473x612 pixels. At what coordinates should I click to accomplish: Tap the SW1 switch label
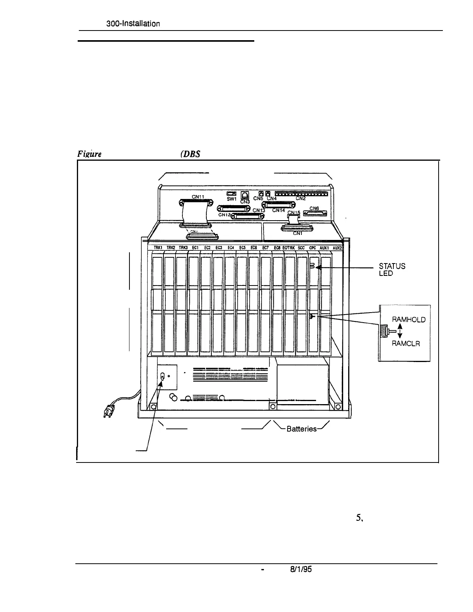[x=231, y=199]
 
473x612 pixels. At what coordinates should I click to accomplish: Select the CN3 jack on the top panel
[x=245, y=195]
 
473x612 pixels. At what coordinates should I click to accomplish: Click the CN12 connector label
[x=224, y=215]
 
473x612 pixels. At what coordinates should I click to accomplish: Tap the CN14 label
[x=278, y=211]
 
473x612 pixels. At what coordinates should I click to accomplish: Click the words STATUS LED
[x=392, y=269]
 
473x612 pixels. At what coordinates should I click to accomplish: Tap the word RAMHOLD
[x=408, y=320]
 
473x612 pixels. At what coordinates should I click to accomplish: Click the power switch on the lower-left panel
[x=163, y=376]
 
